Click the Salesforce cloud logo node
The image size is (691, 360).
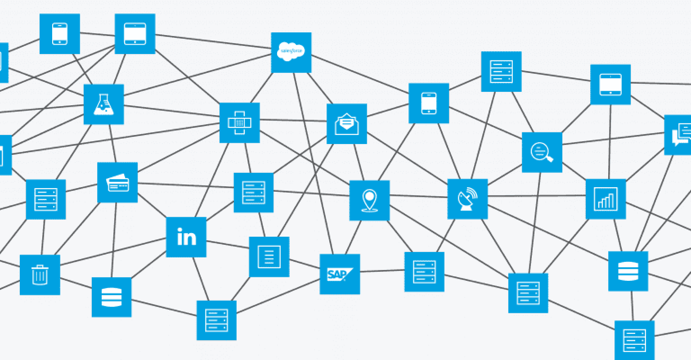click(291, 52)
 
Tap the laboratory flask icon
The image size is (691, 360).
click(103, 104)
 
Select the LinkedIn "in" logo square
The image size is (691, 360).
click(186, 237)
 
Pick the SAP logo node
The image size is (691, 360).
click(340, 274)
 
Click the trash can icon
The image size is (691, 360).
click(40, 275)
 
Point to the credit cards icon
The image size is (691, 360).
click(117, 183)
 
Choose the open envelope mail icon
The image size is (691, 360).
click(346, 124)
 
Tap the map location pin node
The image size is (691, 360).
click(369, 200)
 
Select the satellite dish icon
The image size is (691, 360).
click(467, 199)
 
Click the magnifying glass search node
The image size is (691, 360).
click(542, 152)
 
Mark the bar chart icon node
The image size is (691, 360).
click(606, 199)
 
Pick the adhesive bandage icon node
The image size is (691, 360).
click(239, 123)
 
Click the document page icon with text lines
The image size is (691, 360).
click(269, 257)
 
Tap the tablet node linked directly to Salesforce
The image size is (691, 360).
click(135, 34)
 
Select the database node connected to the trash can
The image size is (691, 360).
click(112, 297)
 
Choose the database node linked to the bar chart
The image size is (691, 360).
click(628, 271)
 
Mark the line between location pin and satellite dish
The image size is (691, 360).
click(418, 197)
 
